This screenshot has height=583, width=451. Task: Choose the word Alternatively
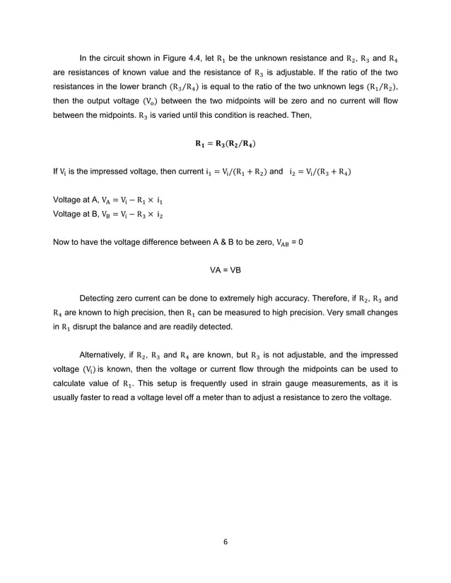tap(111, 355)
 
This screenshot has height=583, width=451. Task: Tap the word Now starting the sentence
tap(62, 241)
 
